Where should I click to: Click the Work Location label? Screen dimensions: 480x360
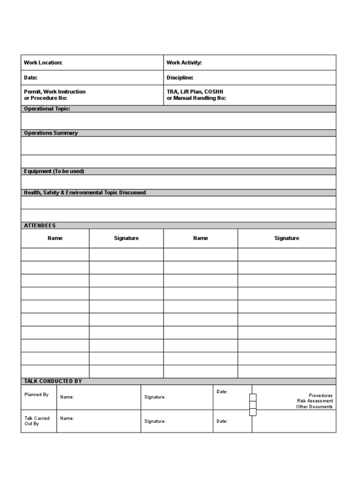tap(43, 63)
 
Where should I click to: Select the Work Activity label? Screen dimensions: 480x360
tap(184, 63)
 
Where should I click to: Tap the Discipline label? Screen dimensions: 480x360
tap(180, 78)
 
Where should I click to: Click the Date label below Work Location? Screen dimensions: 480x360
tap(30, 78)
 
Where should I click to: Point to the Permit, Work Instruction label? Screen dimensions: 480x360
tap(55, 92)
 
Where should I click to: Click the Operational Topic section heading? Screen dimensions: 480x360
tap(47, 109)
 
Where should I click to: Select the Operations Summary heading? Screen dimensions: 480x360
tap(51, 133)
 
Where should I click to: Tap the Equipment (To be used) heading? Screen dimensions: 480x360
tap(54, 172)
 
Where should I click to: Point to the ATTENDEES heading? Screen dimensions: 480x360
tap(40, 226)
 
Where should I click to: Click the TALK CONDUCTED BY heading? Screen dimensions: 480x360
tap(53, 382)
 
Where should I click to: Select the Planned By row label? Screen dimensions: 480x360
tap(37, 395)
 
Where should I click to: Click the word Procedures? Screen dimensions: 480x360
tap(321, 396)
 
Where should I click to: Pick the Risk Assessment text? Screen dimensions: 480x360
tap(315, 401)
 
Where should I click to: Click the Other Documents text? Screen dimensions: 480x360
tap(314, 407)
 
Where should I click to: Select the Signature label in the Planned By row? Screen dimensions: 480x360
tap(155, 397)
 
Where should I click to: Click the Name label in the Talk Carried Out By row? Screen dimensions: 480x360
tap(67, 418)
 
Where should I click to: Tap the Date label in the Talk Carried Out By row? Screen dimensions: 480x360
tap(222, 421)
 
